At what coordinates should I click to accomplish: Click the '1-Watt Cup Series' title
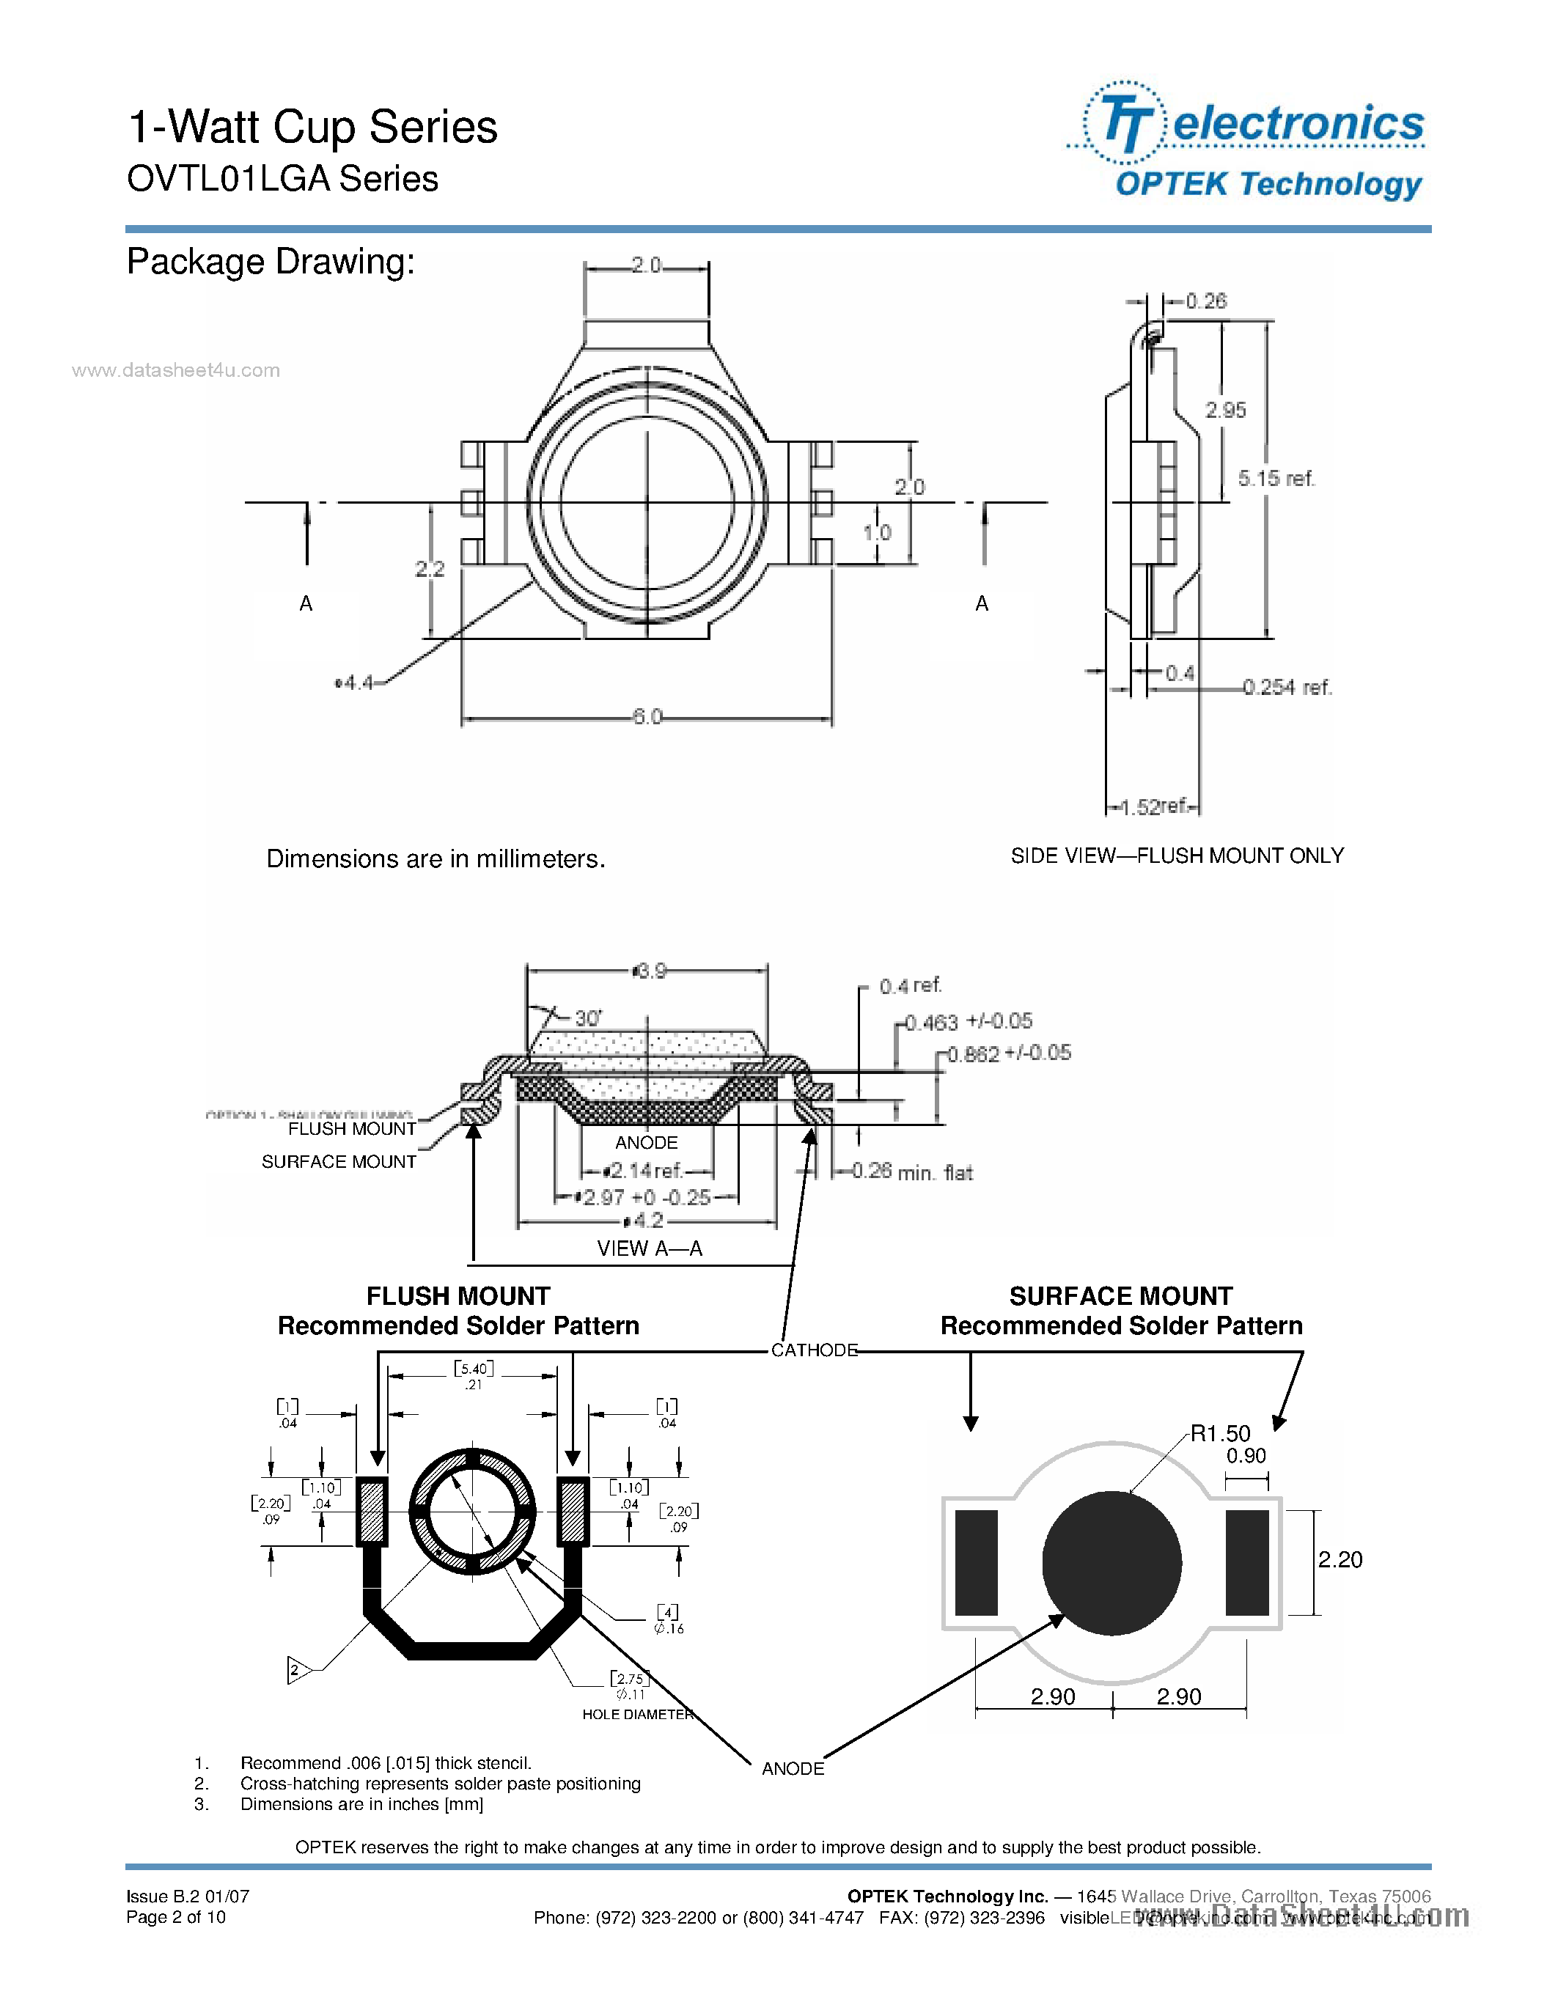(x=312, y=128)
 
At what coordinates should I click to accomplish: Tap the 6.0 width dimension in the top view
(x=647, y=717)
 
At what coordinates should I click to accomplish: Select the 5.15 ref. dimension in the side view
(x=1276, y=478)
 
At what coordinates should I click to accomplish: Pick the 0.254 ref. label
(x=1287, y=688)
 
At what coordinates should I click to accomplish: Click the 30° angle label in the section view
(x=588, y=1018)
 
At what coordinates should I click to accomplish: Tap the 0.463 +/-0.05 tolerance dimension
(x=969, y=1022)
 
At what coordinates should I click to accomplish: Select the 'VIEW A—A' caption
(x=649, y=1249)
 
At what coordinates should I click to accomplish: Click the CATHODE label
(x=814, y=1350)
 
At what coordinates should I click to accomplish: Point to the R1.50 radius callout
(x=1219, y=1433)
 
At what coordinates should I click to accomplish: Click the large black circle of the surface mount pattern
(x=1111, y=1564)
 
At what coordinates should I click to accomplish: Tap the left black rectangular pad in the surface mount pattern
(x=977, y=1563)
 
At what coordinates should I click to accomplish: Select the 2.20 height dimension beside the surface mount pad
(x=1340, y=1560)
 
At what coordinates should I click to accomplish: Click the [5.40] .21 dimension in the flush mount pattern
(x=474, y=1375)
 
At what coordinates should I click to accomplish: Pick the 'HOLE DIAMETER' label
(x=637, y=1714)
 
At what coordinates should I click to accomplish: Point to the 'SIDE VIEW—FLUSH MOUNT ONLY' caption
(x=1177, y=856)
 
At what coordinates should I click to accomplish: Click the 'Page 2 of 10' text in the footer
(x=176, y=1917)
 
